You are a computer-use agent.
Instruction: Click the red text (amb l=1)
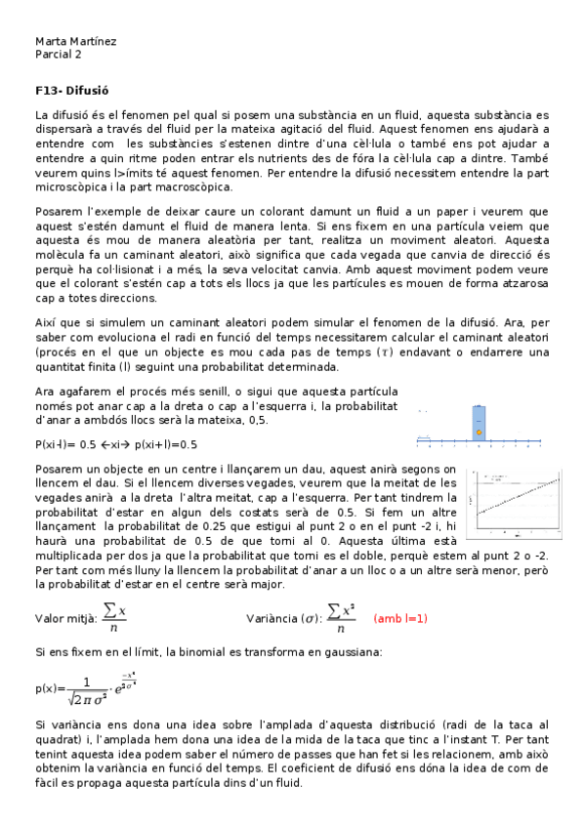(400, 618)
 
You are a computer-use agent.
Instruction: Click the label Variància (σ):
(283, 618)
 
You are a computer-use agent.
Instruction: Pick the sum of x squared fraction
(339, 617)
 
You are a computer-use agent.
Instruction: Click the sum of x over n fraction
(115, 617)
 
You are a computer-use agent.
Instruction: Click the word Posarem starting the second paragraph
(56, 210)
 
